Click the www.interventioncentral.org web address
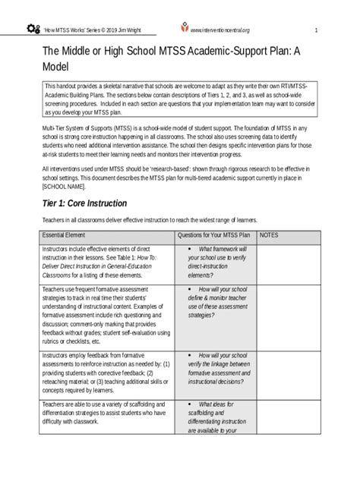(x=220, y=30)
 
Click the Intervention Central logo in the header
(x=182, y=29)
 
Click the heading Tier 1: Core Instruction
(x=84, y=203)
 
